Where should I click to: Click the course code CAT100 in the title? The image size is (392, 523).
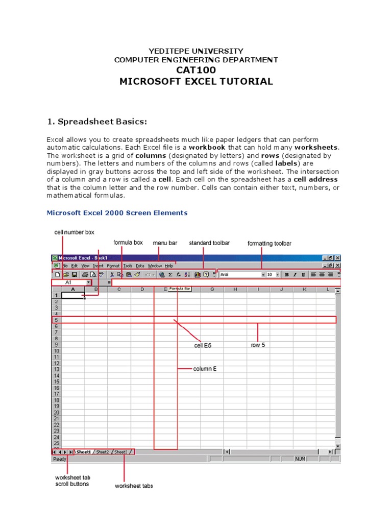click(x=195, y=70)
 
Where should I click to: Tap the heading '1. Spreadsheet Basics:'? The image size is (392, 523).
click(x=97, y=121)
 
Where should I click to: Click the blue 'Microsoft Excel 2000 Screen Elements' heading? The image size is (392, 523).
click(x=117, y=212)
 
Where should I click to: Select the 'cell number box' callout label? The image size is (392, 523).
click(x=75, y=232)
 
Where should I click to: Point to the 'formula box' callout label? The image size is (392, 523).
click(x=128, y=243)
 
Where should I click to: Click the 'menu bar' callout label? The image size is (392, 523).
click(x=165, y=243)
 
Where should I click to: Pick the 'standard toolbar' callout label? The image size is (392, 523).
click(x=209, y=243)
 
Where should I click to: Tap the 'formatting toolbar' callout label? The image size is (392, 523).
click(x=269, y=244)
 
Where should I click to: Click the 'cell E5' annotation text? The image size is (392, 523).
click(x=203, y=346)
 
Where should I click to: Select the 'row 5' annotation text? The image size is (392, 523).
click(x=258, y=345)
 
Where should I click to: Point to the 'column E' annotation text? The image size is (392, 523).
click(x=205, y=369)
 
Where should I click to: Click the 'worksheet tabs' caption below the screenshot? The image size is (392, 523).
click(x=134, y=486)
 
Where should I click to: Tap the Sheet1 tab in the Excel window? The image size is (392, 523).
click(x=84, y=452)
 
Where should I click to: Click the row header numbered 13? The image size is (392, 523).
click(x=56, y=369)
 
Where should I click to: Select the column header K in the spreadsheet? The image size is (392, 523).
click(x=304, y=290)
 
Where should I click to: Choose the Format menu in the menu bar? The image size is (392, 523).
click(x=113, y=266)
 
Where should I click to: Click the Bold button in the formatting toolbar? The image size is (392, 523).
click(x=287, y=274)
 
